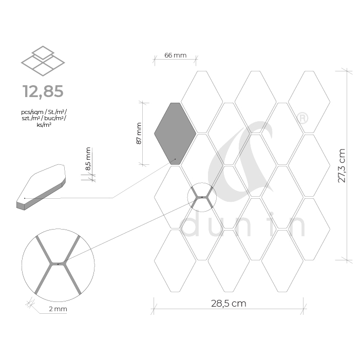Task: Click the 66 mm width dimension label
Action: tap(176, 55)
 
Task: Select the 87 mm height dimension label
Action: tap(139, 133)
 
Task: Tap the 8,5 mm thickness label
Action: tap(88, 159)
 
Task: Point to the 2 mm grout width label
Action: tap(58, 309)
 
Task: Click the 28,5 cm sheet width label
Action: tap(229, 304)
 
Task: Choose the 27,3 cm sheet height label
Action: tap(342, 165)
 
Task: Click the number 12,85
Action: tap(43, 91)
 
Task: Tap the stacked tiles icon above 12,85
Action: tap(43, 61)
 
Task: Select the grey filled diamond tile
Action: tap(175, 134)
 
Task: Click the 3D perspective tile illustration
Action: tap(41, 187)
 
